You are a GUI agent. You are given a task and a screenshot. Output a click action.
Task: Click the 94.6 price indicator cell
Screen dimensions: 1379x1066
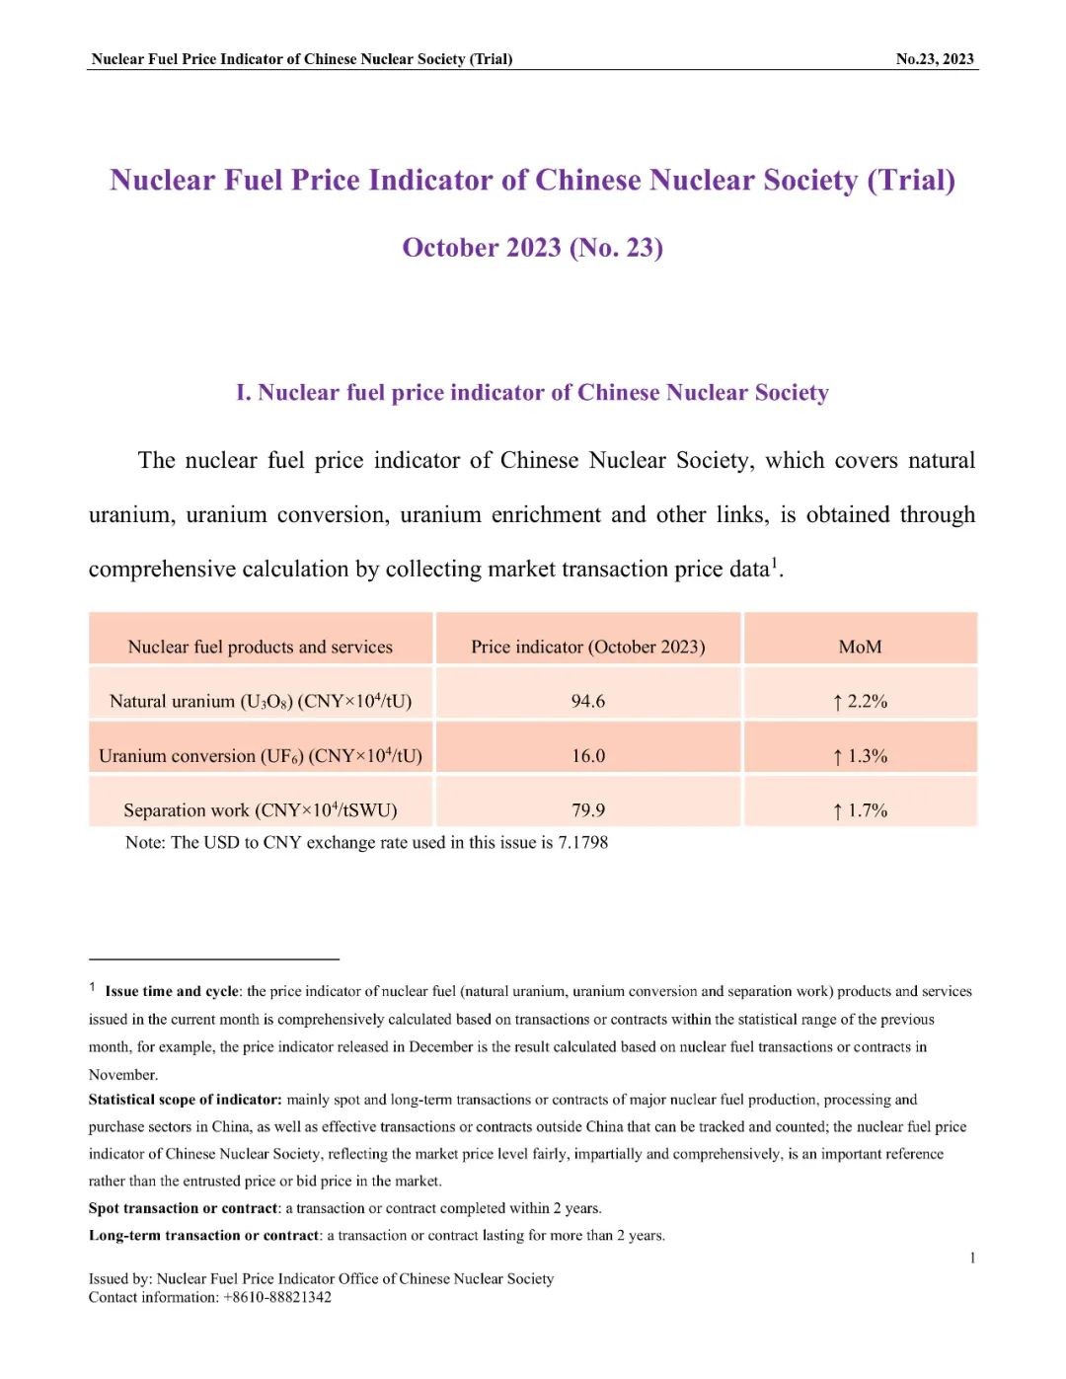[587, 701]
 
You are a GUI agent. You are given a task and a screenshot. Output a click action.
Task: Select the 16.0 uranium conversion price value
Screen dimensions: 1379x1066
[587, 756]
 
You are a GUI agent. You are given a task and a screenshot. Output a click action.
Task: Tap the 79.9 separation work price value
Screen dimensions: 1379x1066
[587, 810]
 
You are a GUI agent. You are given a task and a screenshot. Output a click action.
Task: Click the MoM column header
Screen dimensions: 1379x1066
[860, 648]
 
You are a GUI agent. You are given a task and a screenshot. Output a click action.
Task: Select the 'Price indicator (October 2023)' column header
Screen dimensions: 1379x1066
[587, 648]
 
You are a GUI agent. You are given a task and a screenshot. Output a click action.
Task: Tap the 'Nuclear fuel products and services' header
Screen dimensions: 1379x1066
[260, 648]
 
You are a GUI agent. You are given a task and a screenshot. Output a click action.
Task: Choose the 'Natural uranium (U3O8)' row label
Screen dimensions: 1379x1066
[260, 702]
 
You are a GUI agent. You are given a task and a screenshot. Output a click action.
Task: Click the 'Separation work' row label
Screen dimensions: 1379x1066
[260, 810]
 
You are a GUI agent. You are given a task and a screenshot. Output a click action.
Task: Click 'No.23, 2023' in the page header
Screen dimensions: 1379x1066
[934, 59]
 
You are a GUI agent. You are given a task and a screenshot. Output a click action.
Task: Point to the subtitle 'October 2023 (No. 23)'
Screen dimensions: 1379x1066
[532, 248]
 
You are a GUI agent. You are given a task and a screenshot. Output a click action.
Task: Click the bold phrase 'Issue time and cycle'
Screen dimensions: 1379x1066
[172, 991]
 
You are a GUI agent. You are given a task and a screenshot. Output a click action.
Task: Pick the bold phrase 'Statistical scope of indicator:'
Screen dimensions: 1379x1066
[185, 1100]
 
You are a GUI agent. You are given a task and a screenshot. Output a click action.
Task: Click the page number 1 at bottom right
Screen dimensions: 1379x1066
[972, 1258]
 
